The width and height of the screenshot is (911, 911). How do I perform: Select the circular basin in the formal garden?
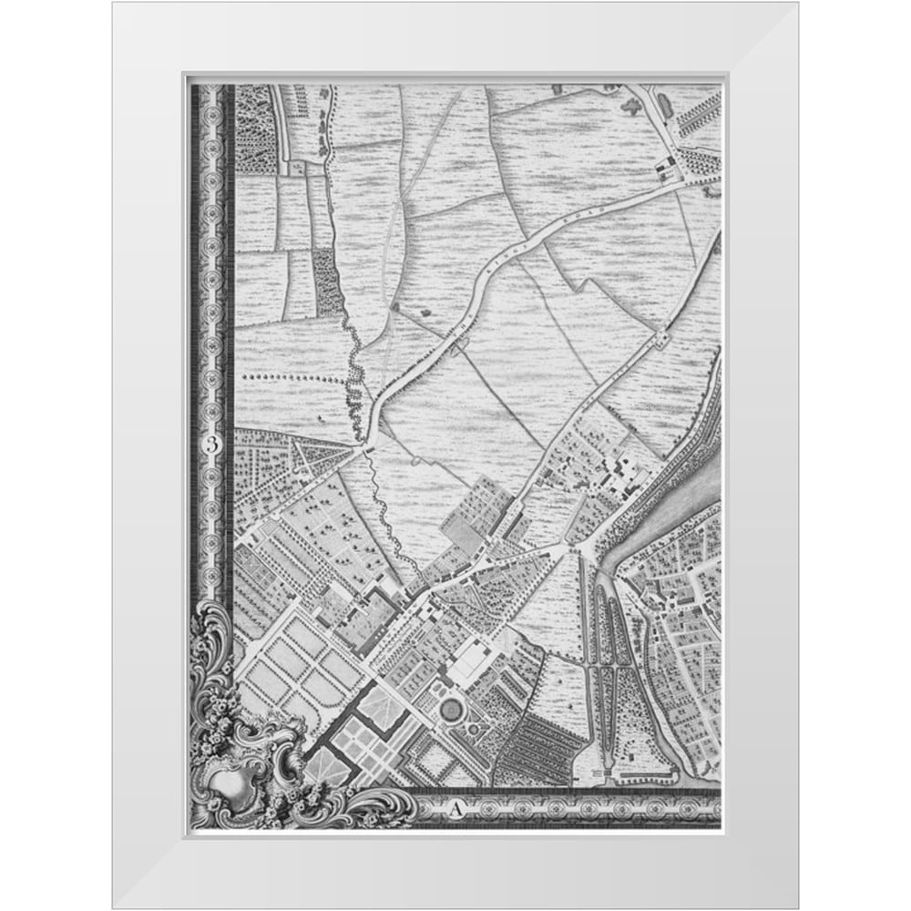tap(450, 708)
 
